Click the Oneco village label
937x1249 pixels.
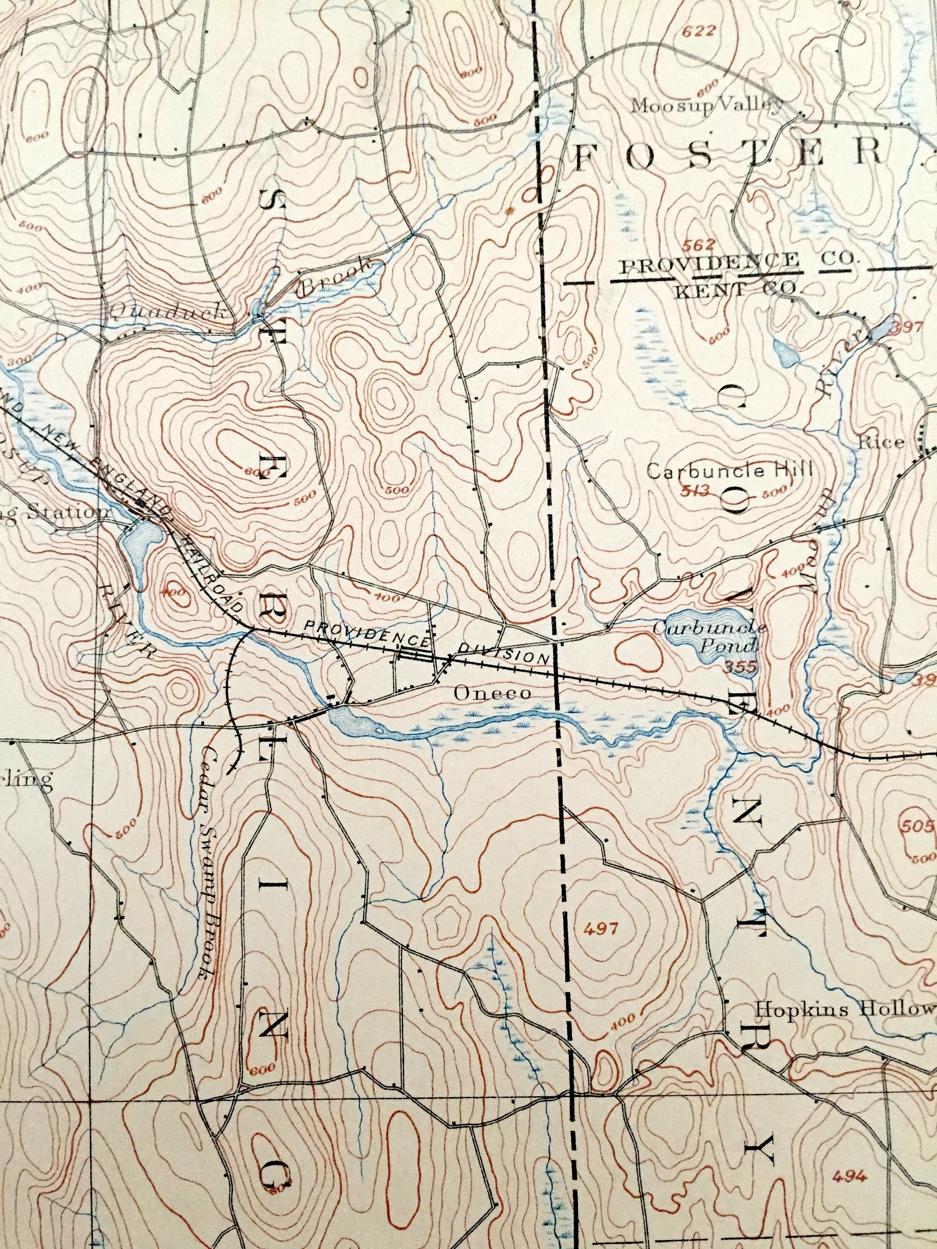[x=492, y=693]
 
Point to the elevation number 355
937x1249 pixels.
[x=740, y=668]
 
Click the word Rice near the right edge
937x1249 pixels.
[x=881, y=443]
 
